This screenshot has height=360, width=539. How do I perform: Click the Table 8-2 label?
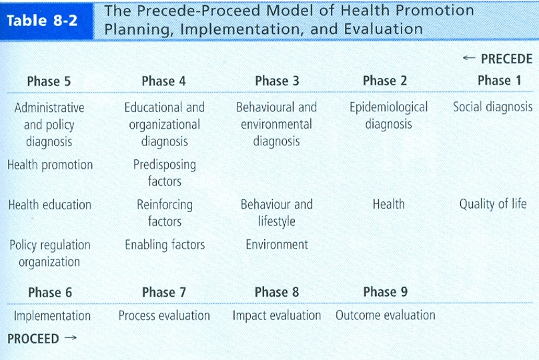42,21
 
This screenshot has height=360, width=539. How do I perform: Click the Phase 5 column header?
49,81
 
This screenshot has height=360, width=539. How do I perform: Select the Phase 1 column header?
500,81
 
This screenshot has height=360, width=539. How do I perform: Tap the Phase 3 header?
277,81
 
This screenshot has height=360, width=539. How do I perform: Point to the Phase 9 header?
386,292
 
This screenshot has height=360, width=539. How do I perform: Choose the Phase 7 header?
164,292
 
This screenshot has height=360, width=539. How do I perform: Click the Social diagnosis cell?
492,107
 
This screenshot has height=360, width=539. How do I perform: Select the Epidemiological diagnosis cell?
388,116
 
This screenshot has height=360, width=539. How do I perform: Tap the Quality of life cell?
493,204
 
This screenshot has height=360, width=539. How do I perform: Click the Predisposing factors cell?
165,173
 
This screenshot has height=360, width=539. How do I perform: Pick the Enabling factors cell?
165,245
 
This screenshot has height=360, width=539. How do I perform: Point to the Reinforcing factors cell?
165,213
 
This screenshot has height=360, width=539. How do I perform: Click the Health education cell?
50,205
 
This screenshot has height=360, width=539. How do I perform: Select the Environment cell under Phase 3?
277,245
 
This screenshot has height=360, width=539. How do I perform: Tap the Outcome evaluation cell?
386,315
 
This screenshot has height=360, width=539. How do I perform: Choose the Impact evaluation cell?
277,315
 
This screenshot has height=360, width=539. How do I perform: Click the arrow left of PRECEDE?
469,58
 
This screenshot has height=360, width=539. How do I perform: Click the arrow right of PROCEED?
71,338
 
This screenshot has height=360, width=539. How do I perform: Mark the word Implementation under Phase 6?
52,316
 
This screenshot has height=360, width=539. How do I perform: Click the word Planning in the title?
139,29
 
